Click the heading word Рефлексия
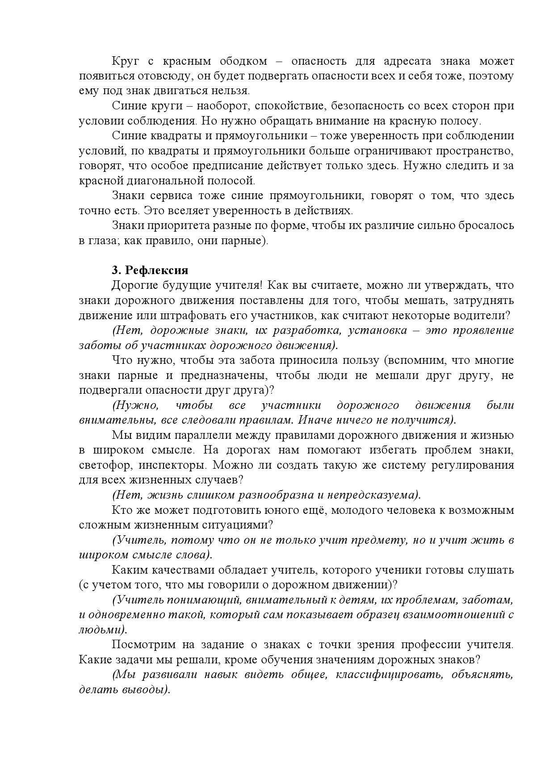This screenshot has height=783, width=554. coord(156,270)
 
